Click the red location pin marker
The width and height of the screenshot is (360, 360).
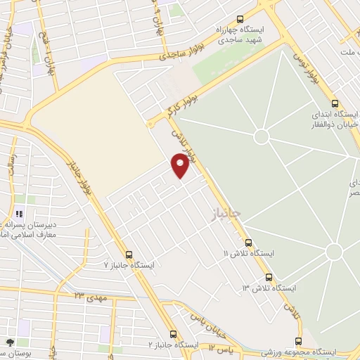(181, 165)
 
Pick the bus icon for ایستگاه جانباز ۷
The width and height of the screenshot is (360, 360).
(128, 255)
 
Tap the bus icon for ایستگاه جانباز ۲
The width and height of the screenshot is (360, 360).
(174, 335)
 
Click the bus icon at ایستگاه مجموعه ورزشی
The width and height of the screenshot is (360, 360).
(298, 341)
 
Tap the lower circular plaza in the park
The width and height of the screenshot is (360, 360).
(333, 251)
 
